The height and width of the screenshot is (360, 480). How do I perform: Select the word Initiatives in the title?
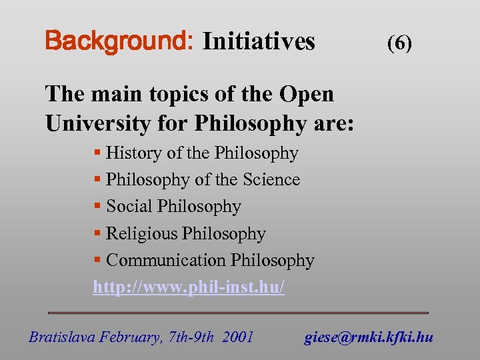pyautogui.click(x=258, y=41)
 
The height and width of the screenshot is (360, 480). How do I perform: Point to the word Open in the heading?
pyautogui.click(x=307, y=94)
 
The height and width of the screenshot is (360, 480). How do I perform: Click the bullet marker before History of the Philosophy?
pyautogui.click(x=97, y=153)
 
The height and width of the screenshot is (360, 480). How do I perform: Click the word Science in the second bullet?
pyautogui.click(x=271, y=180)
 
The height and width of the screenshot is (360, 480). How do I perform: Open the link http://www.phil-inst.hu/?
pyautogui.click(x=189, y=287)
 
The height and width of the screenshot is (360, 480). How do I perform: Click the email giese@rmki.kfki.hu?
pyautogui.click(x=369, y=337)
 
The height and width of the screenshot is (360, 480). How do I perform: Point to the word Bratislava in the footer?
pyautogui.click(x=61, y=337)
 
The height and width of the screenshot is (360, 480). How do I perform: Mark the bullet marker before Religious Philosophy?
pyautogui.click(x=97, y=234)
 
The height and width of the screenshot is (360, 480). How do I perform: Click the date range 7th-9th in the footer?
pyautogui.click(x=191, y=337)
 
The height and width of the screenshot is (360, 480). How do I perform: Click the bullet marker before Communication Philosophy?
pyautogui.click(x=97, y=261)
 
